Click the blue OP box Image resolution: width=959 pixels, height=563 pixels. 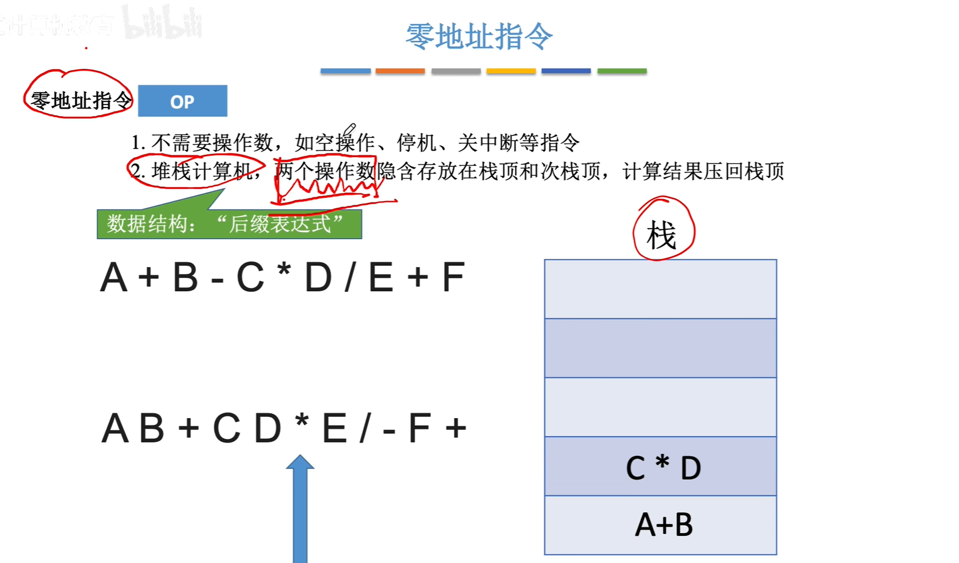click(182, 101)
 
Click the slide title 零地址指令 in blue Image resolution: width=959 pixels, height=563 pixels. click(479, 36)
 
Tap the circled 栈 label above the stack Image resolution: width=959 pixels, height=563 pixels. click(662, 235)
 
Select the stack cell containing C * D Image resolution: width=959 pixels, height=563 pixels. click(660, 466)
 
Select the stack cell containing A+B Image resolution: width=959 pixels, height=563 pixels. click(660, 525)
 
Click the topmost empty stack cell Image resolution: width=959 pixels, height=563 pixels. click(660, 289)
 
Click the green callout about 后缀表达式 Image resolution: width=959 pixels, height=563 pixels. click(229, 224)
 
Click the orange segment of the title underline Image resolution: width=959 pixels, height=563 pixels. click(400, 71)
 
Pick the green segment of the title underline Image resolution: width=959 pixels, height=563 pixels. click(622, 71)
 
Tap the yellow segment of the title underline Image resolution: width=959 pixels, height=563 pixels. click(511, 71)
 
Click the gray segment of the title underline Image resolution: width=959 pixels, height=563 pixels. click(455, 71)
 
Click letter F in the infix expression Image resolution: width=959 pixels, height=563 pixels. click(453, 278)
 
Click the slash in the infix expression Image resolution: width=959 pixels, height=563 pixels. click(350, 278)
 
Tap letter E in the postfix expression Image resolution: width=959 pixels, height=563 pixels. click(334, 429)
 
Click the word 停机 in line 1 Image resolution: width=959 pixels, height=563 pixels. click(417, 142)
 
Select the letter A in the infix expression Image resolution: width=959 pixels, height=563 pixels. click(114, 278)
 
